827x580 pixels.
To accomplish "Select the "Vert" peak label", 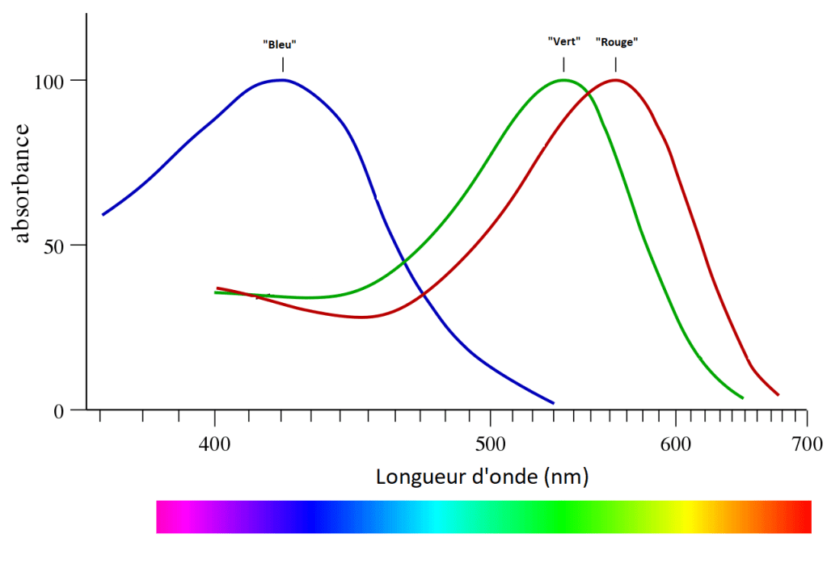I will coord(564,41).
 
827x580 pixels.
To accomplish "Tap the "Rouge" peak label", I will coord(616,41).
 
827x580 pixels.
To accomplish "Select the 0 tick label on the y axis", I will coord(58,410).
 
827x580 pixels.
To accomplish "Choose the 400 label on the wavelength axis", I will coord(214,443).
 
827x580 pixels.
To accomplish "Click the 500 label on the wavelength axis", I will coord(490,443).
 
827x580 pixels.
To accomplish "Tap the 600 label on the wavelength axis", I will coord(675,443).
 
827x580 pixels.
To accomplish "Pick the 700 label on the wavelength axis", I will coord(807,443).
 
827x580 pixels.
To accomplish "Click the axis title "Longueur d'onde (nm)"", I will coord(482,477).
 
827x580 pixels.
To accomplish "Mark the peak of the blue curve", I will coord(282,79).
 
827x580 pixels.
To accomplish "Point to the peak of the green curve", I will coord(563,79).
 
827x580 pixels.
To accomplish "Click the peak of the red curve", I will coord(616,79).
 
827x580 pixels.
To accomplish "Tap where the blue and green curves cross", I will coord(403,260).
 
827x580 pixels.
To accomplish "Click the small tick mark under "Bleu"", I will coord(283,65).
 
